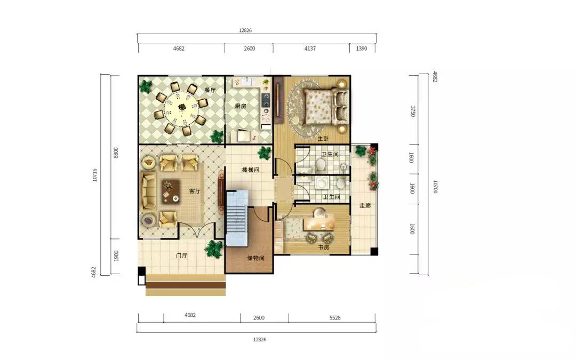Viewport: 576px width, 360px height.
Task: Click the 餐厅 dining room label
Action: pos(210,90)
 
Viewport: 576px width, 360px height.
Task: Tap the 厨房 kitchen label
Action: pos(241,106)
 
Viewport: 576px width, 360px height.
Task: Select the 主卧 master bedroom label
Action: pos(323,139)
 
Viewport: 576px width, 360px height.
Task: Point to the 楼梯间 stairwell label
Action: pos(251,170)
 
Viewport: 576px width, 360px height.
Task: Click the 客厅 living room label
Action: pos(195,191)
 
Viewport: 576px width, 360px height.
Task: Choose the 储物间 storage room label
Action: pos(255,258)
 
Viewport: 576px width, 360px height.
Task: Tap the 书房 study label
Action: pos(323,247)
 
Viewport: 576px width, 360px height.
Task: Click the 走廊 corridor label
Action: pos(365,205)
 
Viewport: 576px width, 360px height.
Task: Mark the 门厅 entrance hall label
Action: pos(182,255)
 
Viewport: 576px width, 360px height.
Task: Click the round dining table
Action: pos(181,108)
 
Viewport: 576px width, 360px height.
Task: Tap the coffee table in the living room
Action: pos(171,191)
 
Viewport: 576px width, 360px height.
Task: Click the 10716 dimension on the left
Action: pos(95,175)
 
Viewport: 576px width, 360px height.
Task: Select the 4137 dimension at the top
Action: pos(310,49)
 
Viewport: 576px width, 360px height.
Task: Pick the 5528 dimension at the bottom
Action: pos(335,318)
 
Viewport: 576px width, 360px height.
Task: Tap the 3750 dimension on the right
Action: pos(413,111)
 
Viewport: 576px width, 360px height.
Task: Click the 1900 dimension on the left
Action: pos(116,256)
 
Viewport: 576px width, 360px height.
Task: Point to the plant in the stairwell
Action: pos(265,152)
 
